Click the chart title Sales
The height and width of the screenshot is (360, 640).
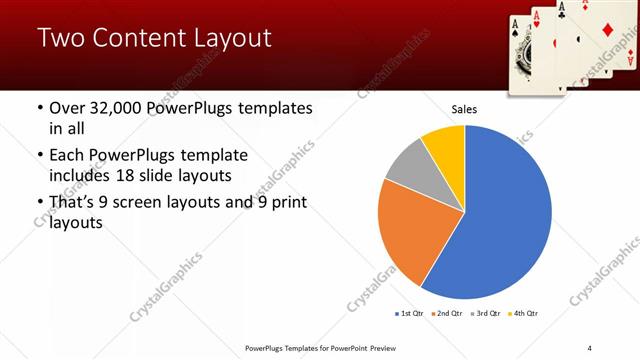point(464,109)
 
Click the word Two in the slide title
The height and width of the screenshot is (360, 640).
point(61,40)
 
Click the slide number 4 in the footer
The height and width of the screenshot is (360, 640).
point(589,347)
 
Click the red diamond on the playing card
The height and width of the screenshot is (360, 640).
point(607,30)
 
